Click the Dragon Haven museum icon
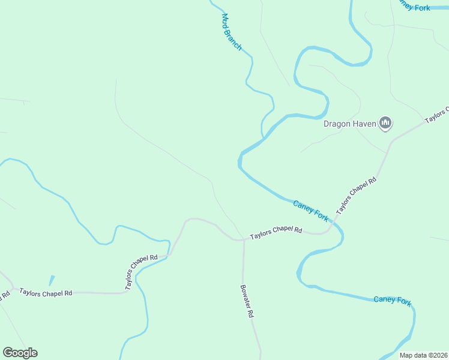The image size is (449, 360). point(385,124)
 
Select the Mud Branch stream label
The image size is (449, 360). point(231,32)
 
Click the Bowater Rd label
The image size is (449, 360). point(247,301)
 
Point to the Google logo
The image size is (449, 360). point(20,353)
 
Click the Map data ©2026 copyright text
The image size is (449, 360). point(423,355)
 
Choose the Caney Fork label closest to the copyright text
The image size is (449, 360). point(392,300)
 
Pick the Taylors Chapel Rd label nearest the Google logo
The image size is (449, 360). point(46,293)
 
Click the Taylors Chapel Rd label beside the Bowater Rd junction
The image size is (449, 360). point(276,231)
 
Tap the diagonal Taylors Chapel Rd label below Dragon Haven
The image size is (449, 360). point(356,196)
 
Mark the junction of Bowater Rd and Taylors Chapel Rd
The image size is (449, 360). point(244,240)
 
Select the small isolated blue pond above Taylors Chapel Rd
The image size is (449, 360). point(52,280)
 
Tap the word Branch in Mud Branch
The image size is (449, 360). point(235,39)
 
